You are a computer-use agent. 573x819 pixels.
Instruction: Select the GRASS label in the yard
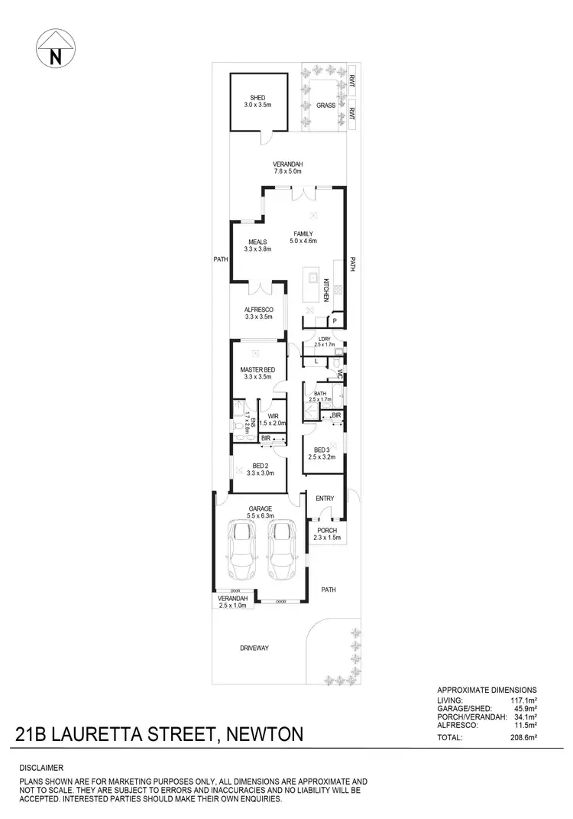click(x=326, y=106)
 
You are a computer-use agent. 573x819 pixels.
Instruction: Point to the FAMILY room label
click(x=301, y=234)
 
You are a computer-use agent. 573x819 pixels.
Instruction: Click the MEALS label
click(x=257, y=242)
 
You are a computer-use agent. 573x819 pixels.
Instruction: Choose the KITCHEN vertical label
click(x=326, y=290)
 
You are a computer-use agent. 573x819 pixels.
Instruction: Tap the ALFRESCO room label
click(x=258, y=310)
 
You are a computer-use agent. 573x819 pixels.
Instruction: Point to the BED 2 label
click(x=260, y=466)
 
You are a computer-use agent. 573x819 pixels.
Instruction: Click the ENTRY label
click(x=325, y=499)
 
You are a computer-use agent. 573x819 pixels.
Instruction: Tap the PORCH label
click(x=326, y=531)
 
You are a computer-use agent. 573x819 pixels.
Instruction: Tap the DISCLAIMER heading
click(x=41, y=767)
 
